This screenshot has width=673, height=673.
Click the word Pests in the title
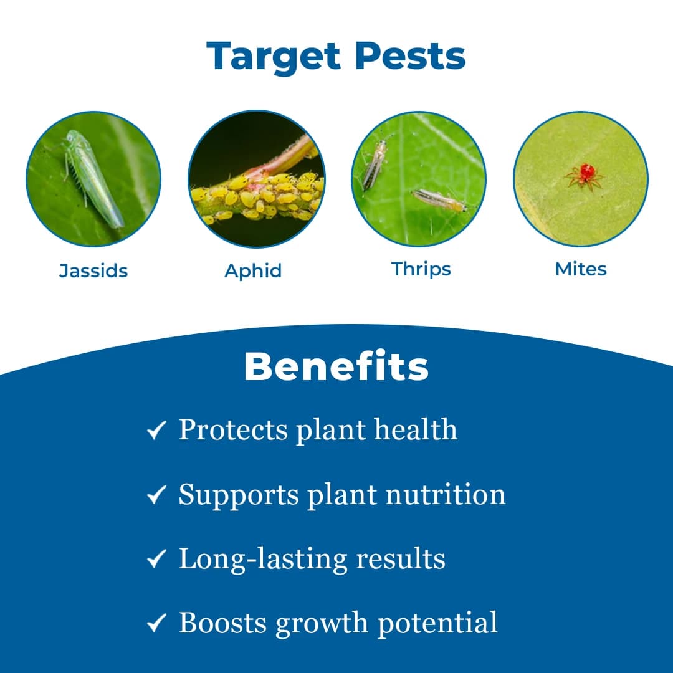point(410,56)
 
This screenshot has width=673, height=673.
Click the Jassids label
point(93,271)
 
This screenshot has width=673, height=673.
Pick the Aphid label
point(253,271)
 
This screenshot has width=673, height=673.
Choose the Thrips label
point(421,269)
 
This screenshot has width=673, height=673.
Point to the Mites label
point(581,269)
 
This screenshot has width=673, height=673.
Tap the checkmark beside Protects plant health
point(156,430)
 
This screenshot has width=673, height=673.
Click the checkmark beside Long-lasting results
point(156,559)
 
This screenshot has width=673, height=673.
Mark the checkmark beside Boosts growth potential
point(156,623)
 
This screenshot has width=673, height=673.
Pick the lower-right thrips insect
point(439,200)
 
